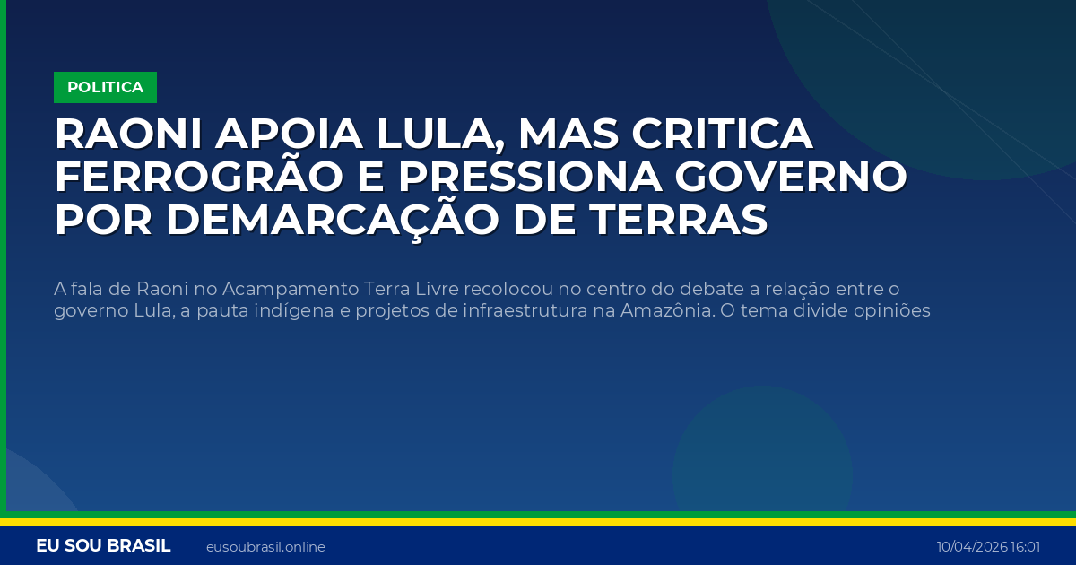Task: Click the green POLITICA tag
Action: point(105,87)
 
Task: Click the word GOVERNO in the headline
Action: point(789,178)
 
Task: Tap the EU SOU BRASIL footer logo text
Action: point(103,546)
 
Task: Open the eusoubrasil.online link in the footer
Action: point(265,547)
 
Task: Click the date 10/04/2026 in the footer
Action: point(972,547)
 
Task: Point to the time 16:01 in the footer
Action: point(1026,547)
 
